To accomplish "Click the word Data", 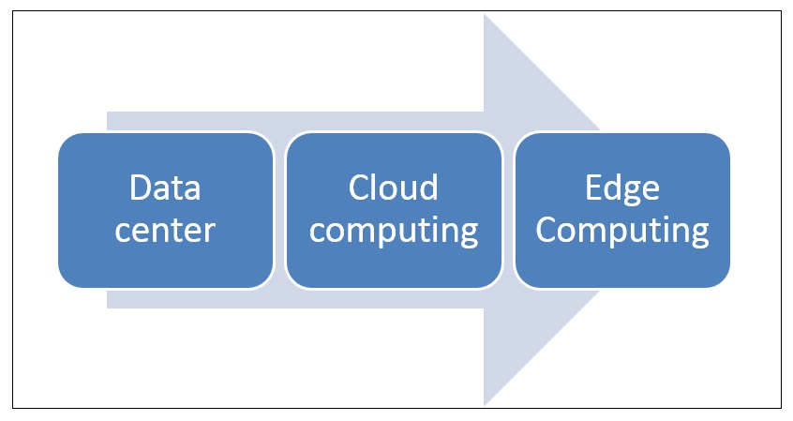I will point(165,189).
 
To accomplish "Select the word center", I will point(165,230).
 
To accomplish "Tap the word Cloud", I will point(394,188).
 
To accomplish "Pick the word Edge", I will point(622,189).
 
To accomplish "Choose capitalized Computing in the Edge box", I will point(622,231).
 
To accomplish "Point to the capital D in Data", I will point(141,189).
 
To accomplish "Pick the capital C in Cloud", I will point(360,188).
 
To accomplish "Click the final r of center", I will point(211,232).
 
